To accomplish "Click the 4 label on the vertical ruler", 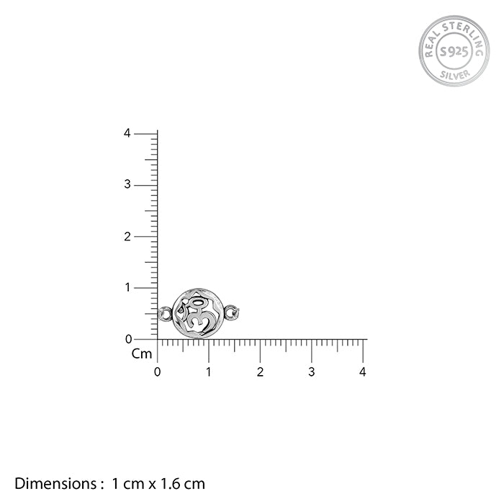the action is point(127,133).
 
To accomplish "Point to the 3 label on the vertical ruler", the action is point(127,184).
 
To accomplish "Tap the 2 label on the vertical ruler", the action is point(127,237).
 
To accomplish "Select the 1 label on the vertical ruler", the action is point(128,287).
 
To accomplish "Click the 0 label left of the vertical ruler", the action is point(129,339).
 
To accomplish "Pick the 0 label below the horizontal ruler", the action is point(157,372).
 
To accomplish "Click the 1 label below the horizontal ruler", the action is point(209,372).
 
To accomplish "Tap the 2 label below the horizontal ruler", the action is point(260,372).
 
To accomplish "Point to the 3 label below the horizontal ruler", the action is point(311,372).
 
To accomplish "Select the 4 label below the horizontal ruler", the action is point(363,372).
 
